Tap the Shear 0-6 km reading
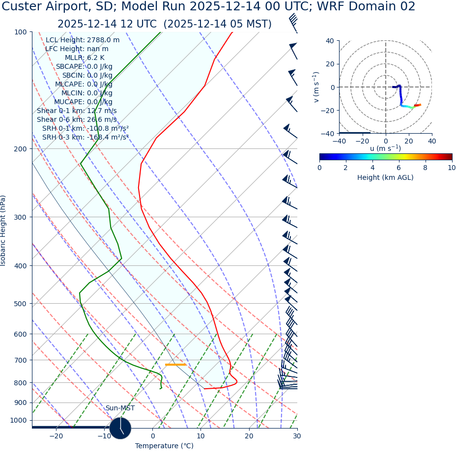coord(77,119)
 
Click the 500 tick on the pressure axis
coord(20,304)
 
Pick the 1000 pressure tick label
coord(18,421)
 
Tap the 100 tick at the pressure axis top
coord(20,32)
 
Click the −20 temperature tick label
coord(56,436)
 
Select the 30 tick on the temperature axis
coord(296,436)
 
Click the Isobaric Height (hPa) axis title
coord(3,230)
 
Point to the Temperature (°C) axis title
coord(164,446)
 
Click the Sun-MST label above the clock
coord(120,408)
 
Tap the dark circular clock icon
coord(120,428)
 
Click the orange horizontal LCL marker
coord(175,364)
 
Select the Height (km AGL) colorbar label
coord(385,177)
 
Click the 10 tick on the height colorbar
coord(451,168)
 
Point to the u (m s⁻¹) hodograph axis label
coord(385,148)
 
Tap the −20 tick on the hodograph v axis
coord(329,110)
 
